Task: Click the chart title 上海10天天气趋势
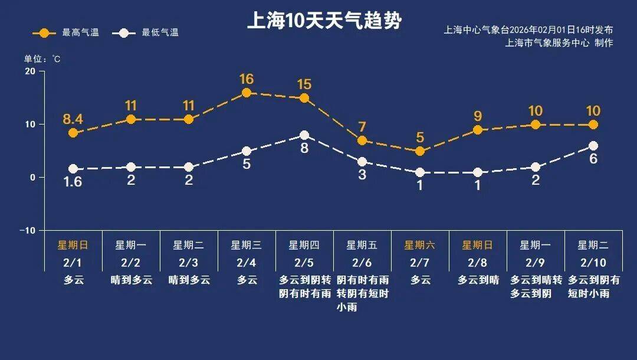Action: [324, 21]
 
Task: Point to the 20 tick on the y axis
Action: [29, 71]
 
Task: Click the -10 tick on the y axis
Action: [28, 230]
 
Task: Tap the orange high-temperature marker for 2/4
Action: [247, 93]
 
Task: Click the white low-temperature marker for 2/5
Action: [304, 135]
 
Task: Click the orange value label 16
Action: [247, 79]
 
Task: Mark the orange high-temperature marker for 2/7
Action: [420, 151]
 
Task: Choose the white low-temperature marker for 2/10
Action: [593, 146]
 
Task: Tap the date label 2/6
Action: [362, 262]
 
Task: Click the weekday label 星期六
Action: [419, 245]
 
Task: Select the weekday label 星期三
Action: [246, 245]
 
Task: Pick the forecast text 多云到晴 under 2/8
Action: [478, 280]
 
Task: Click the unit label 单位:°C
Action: [42, 59]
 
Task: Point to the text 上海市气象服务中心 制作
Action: [559, 43]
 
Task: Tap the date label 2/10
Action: [593, 262]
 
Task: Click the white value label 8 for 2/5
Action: [304, 149]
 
